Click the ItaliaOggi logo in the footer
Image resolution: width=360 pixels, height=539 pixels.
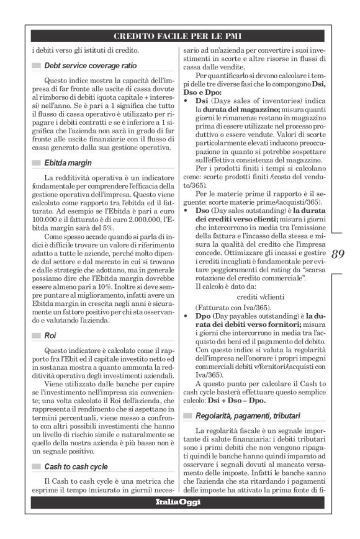[x=179, y=502]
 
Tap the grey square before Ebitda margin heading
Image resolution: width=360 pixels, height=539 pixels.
[x=36, y=163]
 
